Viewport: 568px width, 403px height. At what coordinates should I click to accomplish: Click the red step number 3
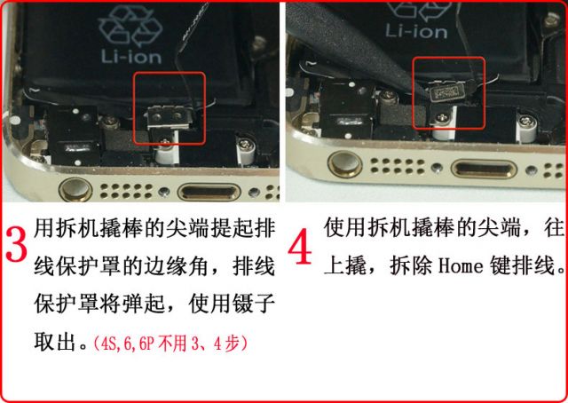(16, 245)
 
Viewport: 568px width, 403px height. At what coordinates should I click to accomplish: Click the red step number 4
(300, 247)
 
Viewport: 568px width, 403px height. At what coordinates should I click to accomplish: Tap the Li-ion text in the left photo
(131, 56)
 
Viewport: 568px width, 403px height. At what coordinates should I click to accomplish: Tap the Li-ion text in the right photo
(416, 31)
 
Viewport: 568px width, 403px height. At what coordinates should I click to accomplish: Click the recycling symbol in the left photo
(130, 26)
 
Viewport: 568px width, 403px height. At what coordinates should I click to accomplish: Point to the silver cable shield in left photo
(168, 117)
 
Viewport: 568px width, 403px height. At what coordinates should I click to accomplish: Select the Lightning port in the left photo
(209, 192)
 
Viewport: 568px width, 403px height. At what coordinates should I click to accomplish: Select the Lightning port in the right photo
(483, 170)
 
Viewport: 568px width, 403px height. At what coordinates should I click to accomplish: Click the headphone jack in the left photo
(75, 190)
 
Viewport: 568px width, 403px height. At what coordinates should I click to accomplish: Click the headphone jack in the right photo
(345, 164)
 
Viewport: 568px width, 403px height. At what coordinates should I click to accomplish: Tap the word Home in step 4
(461, 265)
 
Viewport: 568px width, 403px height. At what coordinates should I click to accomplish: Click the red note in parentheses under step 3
(170, 343)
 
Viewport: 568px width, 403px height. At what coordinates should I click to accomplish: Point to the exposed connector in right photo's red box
(445, 93)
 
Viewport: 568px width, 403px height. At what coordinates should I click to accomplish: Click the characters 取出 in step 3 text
(55, 341)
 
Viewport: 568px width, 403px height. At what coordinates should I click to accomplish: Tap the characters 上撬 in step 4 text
(345, 265)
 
